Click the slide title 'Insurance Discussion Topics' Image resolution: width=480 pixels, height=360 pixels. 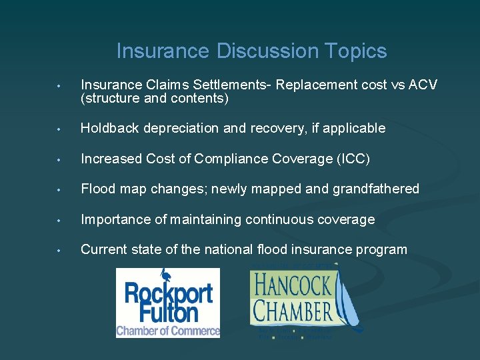(x=251, y=51)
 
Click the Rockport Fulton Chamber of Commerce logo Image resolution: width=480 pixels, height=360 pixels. (x=168, y=303)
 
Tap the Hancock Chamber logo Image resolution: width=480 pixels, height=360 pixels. (x=303, y=301)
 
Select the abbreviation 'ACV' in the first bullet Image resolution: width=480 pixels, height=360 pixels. (x=423, y=85)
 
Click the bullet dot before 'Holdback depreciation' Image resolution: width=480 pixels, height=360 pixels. (x=59, y=129)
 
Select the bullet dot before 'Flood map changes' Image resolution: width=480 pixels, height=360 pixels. (x=59, y=190)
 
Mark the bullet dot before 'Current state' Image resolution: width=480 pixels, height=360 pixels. (x=59, y=251)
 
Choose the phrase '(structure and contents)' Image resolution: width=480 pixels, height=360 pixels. (x=155, y=99)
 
